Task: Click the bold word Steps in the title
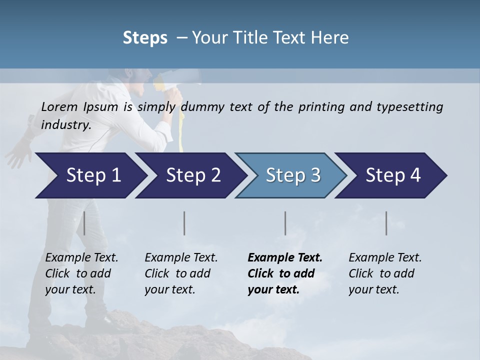point(145,37)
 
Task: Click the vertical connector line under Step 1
point(84,223)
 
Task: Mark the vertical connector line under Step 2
point(184,223)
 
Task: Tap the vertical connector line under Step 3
point(285,223)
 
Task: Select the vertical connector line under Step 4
point(386,223)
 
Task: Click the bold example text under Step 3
point(285,273)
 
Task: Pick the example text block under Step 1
point(81,273)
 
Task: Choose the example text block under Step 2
point(181,273)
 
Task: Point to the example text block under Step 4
point(385,273)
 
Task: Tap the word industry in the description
point(66,124)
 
